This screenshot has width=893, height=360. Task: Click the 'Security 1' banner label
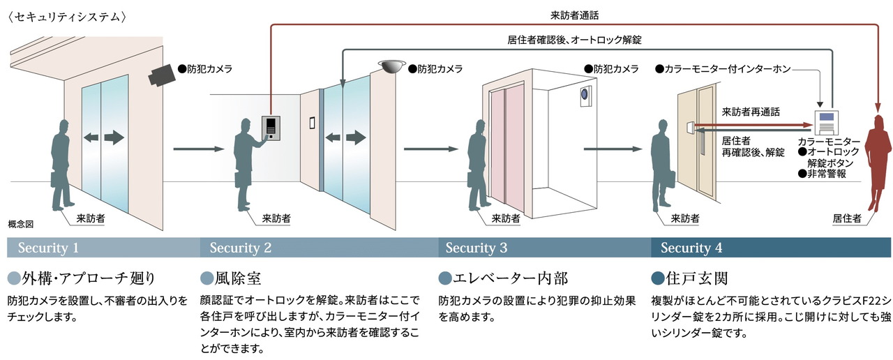(48, 248)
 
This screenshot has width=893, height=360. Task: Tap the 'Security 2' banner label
(241, 248)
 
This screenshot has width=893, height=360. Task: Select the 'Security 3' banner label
(476, 248)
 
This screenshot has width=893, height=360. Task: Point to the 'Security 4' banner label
(691, 248)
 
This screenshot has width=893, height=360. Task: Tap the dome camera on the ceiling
(392, 65)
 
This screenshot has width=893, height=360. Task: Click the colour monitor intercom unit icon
(827, 121)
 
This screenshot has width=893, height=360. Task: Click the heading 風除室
(234, 278)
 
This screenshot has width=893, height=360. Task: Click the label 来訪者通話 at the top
(574, 14)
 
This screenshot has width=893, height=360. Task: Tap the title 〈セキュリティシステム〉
(67, 15)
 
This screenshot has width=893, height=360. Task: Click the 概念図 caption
(20, 224)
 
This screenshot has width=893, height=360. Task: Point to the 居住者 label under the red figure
(847, 218)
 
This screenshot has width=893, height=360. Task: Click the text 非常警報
(825, 174)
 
